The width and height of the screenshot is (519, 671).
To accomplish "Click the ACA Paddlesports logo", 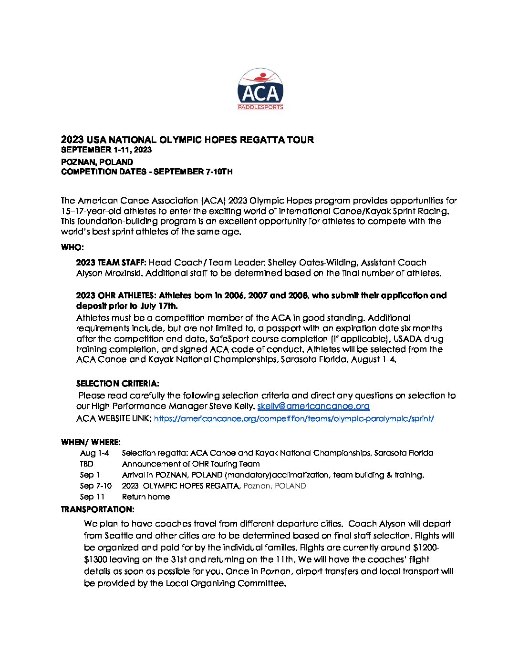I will (260, 89).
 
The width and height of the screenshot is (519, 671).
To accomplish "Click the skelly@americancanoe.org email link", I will (313, 406).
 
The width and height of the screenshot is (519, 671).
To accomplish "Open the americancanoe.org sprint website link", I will (294, 418).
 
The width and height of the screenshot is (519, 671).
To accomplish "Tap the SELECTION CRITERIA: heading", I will (117, 384).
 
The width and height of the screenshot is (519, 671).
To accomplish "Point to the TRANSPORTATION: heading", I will (97, 509).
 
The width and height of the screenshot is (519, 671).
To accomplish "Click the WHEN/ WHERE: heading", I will (91, 442).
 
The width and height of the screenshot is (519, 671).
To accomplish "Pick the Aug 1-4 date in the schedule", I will (94, 453).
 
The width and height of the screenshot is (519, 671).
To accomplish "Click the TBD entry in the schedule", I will (87, 464).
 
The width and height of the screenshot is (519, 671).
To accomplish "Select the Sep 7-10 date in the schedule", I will (96, 486).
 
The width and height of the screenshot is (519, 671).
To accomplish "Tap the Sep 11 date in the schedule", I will (92, 497).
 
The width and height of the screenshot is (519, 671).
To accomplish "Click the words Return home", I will (146, 497).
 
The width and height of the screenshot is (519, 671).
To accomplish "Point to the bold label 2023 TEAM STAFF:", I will (111, 263).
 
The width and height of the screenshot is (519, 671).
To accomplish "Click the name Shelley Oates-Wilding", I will (312, 263).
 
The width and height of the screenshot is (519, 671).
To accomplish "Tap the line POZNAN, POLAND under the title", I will (97, 162).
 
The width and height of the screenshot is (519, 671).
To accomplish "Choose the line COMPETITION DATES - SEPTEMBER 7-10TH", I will (147, 172).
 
